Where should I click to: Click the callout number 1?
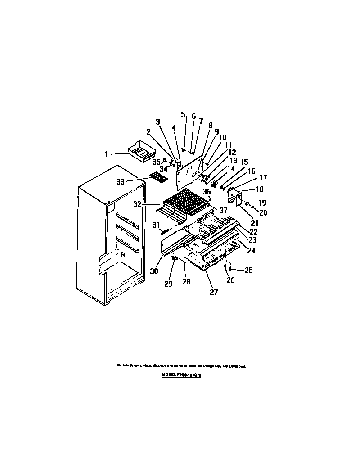pos(107,154)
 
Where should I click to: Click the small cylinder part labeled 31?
pos(165,231)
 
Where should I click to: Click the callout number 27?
pos(214,292)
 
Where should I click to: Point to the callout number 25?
pos(248,270)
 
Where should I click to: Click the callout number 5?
pos(183,114)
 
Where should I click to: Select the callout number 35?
pos(156,162)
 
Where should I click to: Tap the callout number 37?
pos(224,210)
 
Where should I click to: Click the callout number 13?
pos(232,161)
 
